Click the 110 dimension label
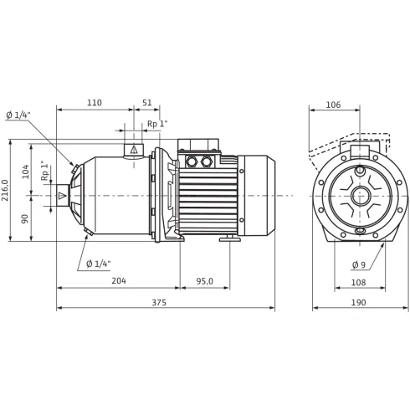coord(94,103)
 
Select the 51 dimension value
coord(148,103)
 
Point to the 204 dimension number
coord(118,281)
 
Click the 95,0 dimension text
coord(204,281)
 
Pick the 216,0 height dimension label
coord(7,191)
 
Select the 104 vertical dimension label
coord(25,172)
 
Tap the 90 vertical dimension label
coord(25,218)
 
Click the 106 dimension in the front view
coord(332,105)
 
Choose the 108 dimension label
coord(358,282)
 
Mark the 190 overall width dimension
coord(358,302)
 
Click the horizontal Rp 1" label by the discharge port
coord(157,124)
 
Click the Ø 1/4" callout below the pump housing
coord(98,264)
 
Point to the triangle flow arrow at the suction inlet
coord(62,197)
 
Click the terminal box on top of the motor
coord(200,147)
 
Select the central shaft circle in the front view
coord(360,197)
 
